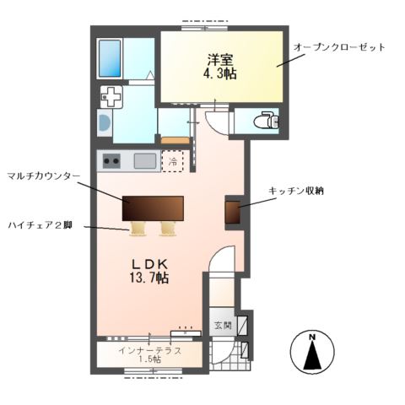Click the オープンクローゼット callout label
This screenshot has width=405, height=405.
click(338, 47)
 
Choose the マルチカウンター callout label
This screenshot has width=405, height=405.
click(43, 176)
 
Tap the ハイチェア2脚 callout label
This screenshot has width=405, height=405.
click(43, 226)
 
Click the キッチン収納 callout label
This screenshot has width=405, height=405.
click(296, 192)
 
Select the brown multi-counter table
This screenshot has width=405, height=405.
click(153, 208)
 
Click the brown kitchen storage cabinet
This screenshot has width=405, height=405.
click(234, 213)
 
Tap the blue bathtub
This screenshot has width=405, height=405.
click(111, 57)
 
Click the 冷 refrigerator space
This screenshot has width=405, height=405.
click(173, 160)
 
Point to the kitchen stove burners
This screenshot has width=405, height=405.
click(111, 160)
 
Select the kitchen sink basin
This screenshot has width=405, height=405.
click(143, 160)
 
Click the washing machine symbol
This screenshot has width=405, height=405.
click(111, 97)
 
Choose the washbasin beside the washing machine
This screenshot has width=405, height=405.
click(103, 124)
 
